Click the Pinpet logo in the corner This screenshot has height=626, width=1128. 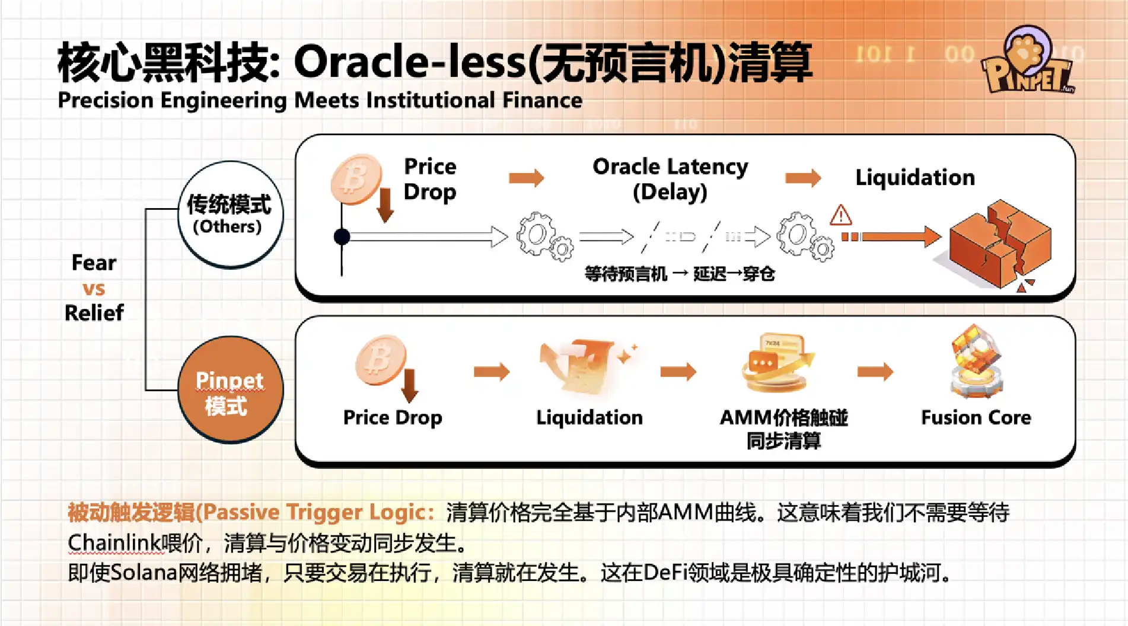pos(1028,62)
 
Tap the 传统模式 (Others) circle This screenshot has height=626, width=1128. pos(230,214)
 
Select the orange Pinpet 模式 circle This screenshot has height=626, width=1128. pos(230,390)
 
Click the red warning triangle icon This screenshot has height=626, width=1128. pos(840,215)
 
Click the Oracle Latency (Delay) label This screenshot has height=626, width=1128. pos(670,178)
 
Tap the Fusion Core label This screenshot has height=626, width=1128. pos(976,417)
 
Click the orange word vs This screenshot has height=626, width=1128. pos(94,289)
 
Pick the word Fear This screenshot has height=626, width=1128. pos(94,263)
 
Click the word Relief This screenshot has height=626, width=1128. pos(94,313)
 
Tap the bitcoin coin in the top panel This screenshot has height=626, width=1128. pos(356,178)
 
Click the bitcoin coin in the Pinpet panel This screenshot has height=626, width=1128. pos(380,359)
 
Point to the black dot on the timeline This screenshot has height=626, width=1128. pos(342,237)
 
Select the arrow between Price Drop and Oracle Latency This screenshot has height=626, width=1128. pos(526,178)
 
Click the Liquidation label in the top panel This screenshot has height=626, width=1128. pos(914,177)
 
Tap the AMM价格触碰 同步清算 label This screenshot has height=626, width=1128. pos(783,429)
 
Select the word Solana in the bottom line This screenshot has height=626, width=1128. pos(144,573)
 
